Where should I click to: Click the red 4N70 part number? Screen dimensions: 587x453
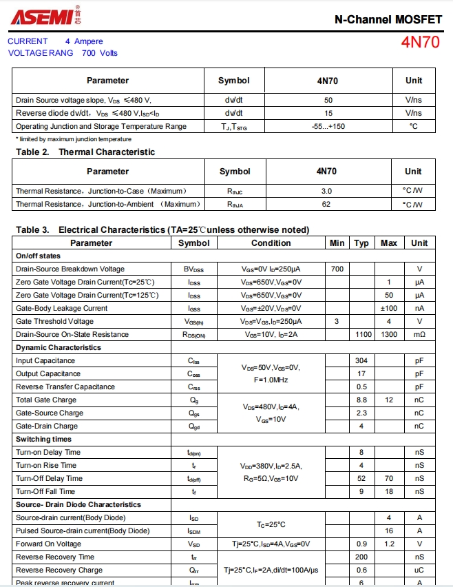420,42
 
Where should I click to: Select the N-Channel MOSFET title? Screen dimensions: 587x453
388,19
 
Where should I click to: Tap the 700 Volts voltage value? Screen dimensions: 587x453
100,53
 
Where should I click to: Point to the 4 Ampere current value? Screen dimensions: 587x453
84,41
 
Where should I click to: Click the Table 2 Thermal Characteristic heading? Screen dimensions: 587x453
85,152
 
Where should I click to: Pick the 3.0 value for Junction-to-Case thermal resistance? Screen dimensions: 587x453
326,191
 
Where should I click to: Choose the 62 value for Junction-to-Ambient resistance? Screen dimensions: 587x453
326,204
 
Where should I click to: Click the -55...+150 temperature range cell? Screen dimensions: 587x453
327,126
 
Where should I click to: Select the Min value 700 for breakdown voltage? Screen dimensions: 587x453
337,269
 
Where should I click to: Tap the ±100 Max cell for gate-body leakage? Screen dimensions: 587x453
389,308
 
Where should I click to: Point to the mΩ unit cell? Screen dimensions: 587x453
419,334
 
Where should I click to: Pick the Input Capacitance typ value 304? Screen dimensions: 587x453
361,360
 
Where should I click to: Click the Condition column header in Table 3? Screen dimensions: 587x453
271,243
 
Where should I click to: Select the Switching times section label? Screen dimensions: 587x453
43,439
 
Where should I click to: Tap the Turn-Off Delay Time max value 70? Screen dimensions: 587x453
389,478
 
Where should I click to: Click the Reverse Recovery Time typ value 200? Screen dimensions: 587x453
361,557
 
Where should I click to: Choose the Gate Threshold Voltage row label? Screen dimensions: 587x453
54,321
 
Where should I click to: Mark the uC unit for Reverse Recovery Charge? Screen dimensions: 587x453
419,570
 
